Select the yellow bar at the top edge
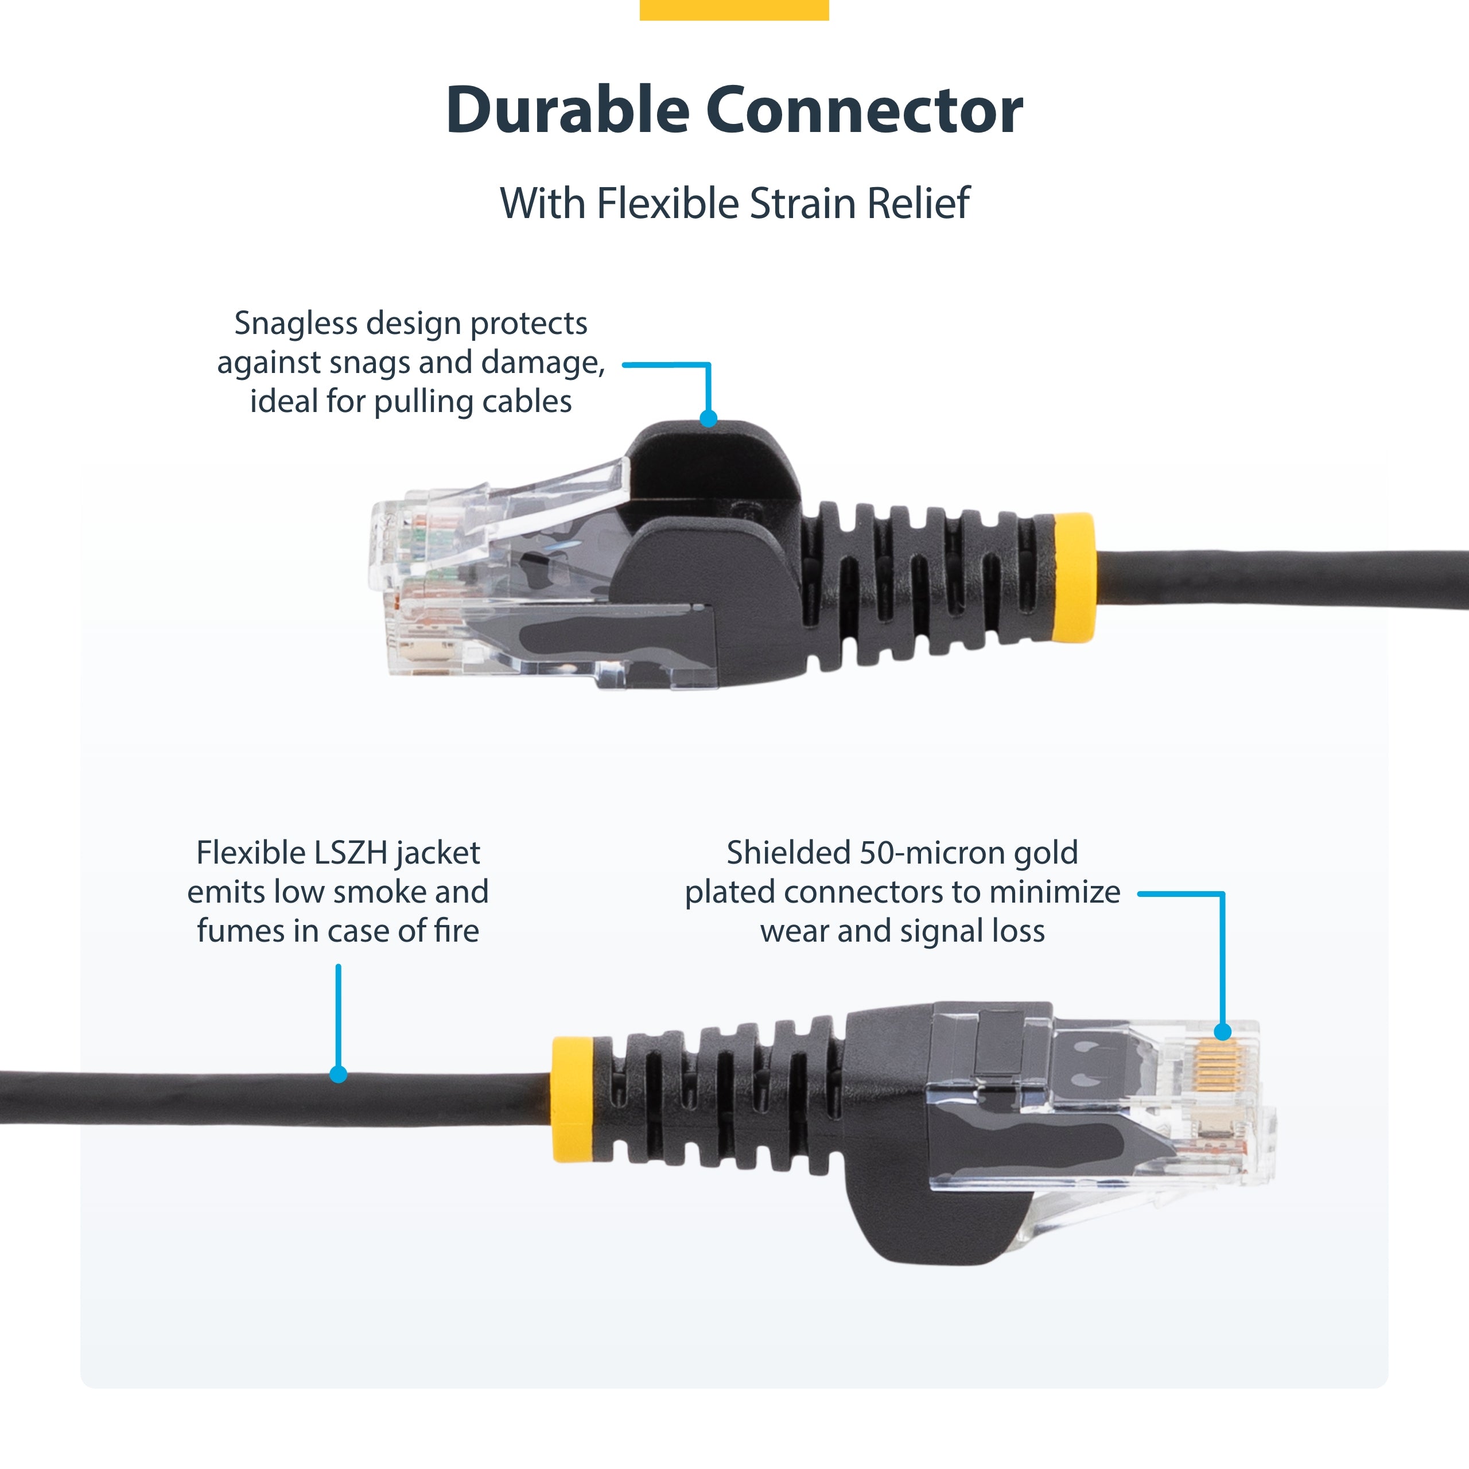[x=734, y=9]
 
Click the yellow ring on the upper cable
[x=1074, y=578]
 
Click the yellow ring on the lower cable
[x=573, y=1099]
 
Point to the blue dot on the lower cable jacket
[x=339, y=1074]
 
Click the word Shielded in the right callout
[x=788, y=853]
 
